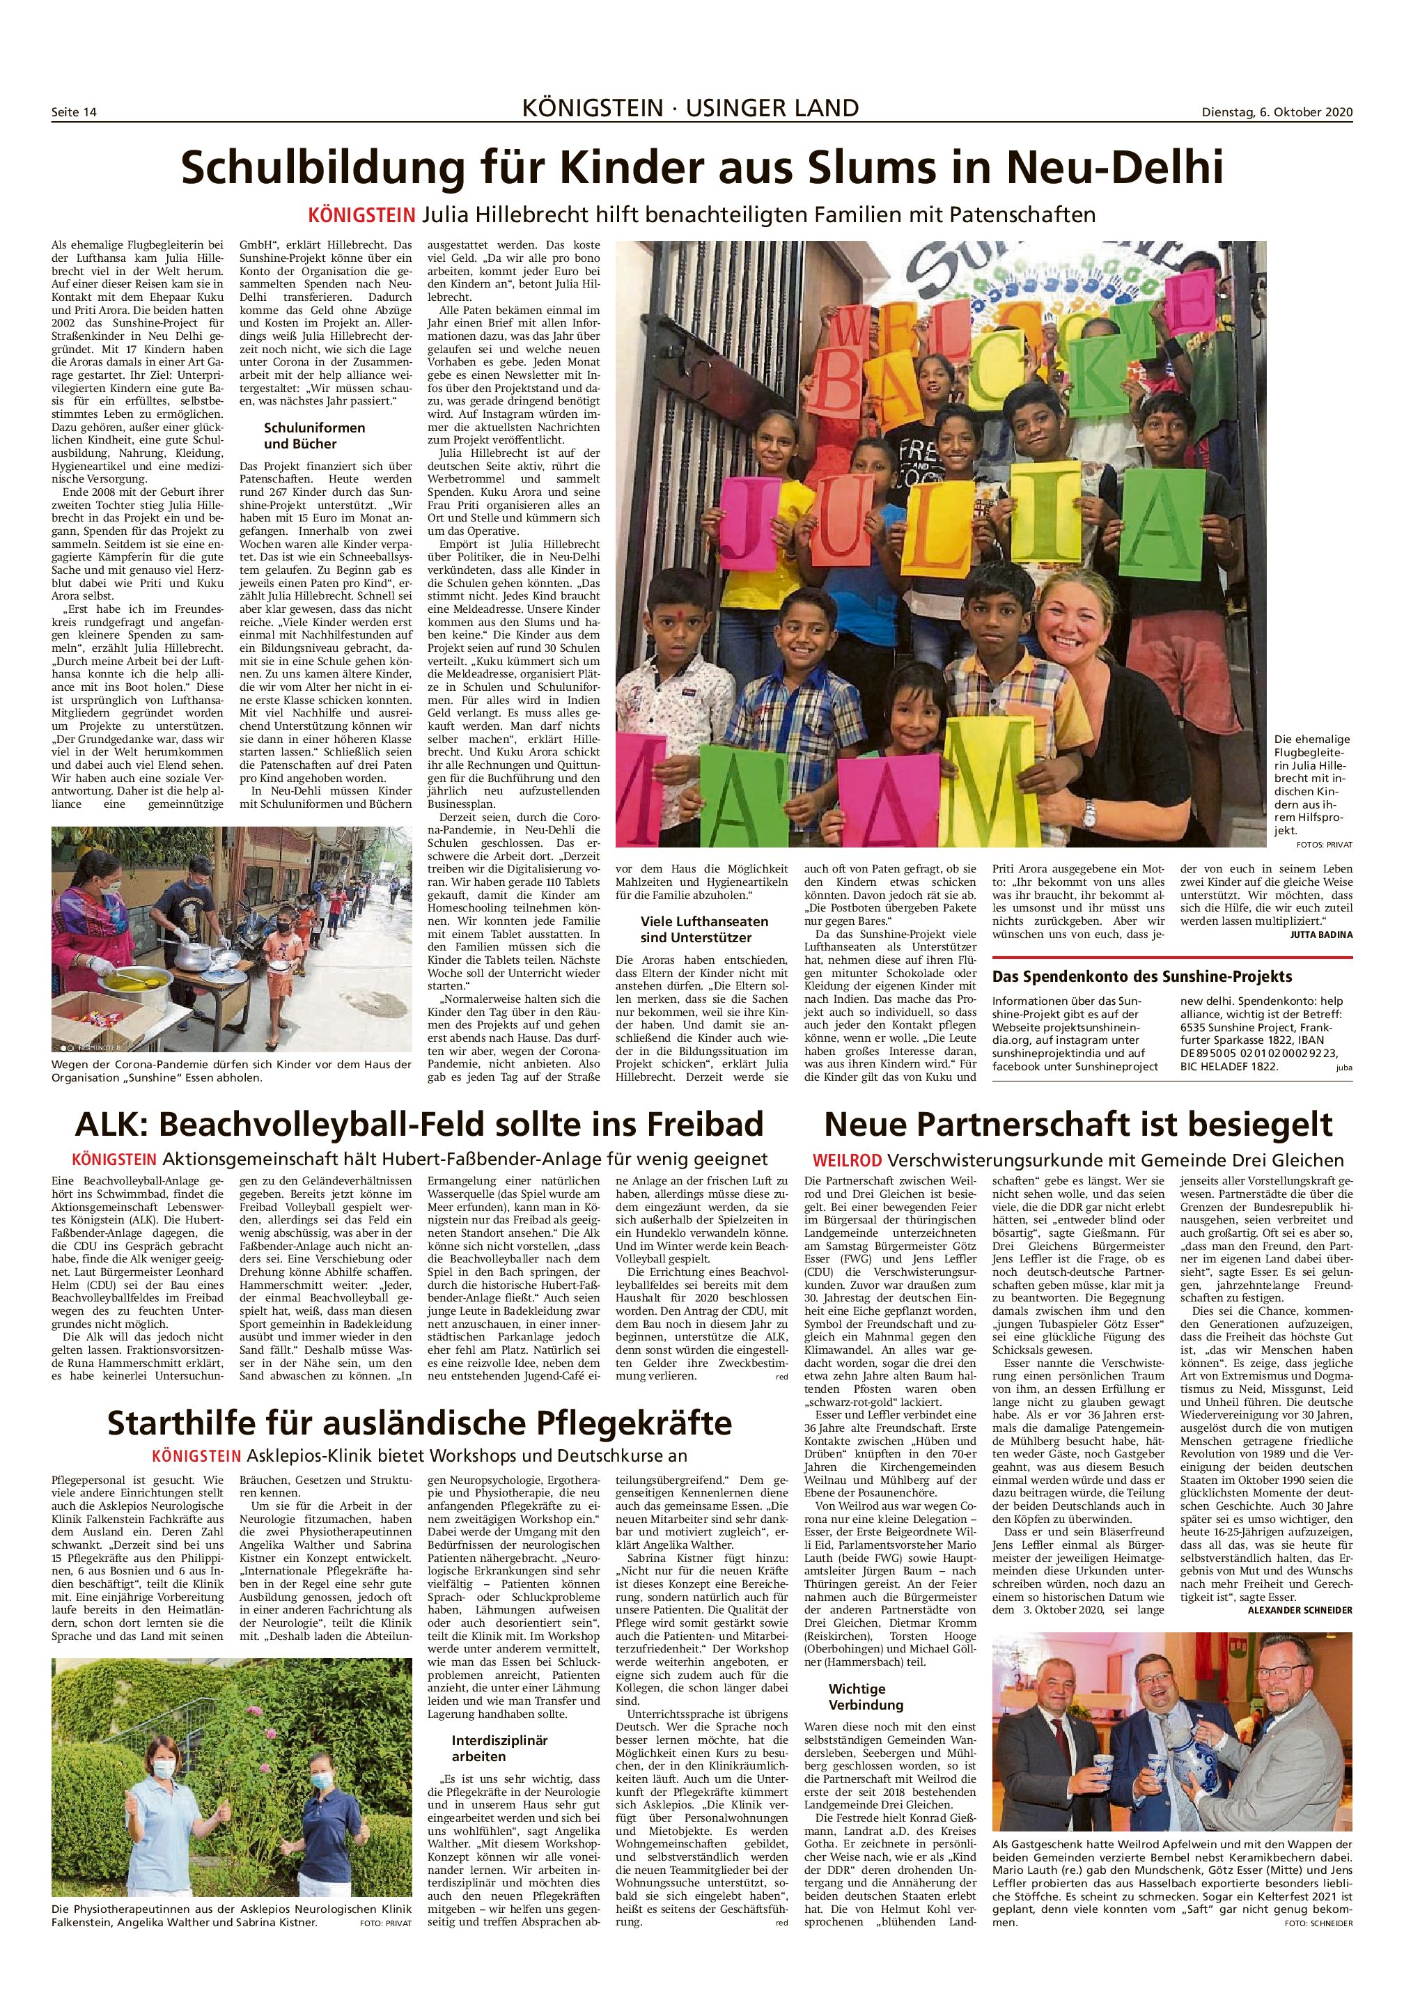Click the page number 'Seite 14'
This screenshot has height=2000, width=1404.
point(73,112)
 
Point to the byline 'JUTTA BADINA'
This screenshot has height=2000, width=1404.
point(1320,935)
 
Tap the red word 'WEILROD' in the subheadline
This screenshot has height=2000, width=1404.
point(847,1160)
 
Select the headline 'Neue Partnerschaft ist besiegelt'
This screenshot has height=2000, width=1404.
point(1078,1124)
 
